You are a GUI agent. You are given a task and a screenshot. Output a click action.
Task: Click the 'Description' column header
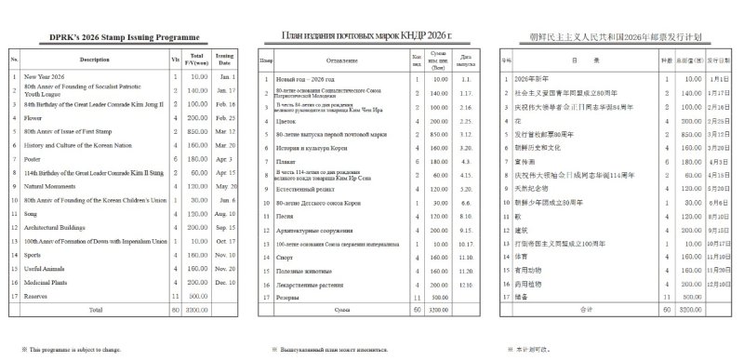coord(95,60)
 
